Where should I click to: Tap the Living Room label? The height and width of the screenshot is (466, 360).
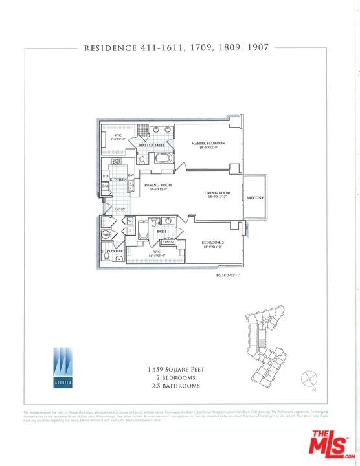(218, 193)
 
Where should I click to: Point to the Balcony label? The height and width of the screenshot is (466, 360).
(254, 198)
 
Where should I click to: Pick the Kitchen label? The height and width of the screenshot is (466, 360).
(117, 179)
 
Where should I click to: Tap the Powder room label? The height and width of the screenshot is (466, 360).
(115, 250)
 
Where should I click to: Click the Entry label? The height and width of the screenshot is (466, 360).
(120, 209)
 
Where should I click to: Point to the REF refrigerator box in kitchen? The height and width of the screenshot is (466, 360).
(105, 176)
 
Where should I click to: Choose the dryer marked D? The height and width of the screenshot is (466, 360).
(129, 231)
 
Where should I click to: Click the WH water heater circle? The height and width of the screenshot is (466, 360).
(107, 234)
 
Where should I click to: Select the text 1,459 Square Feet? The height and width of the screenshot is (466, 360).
(176, 369)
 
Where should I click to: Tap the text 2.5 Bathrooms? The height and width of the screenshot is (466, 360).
(176, 386)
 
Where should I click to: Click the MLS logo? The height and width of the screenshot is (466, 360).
(333, 446)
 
